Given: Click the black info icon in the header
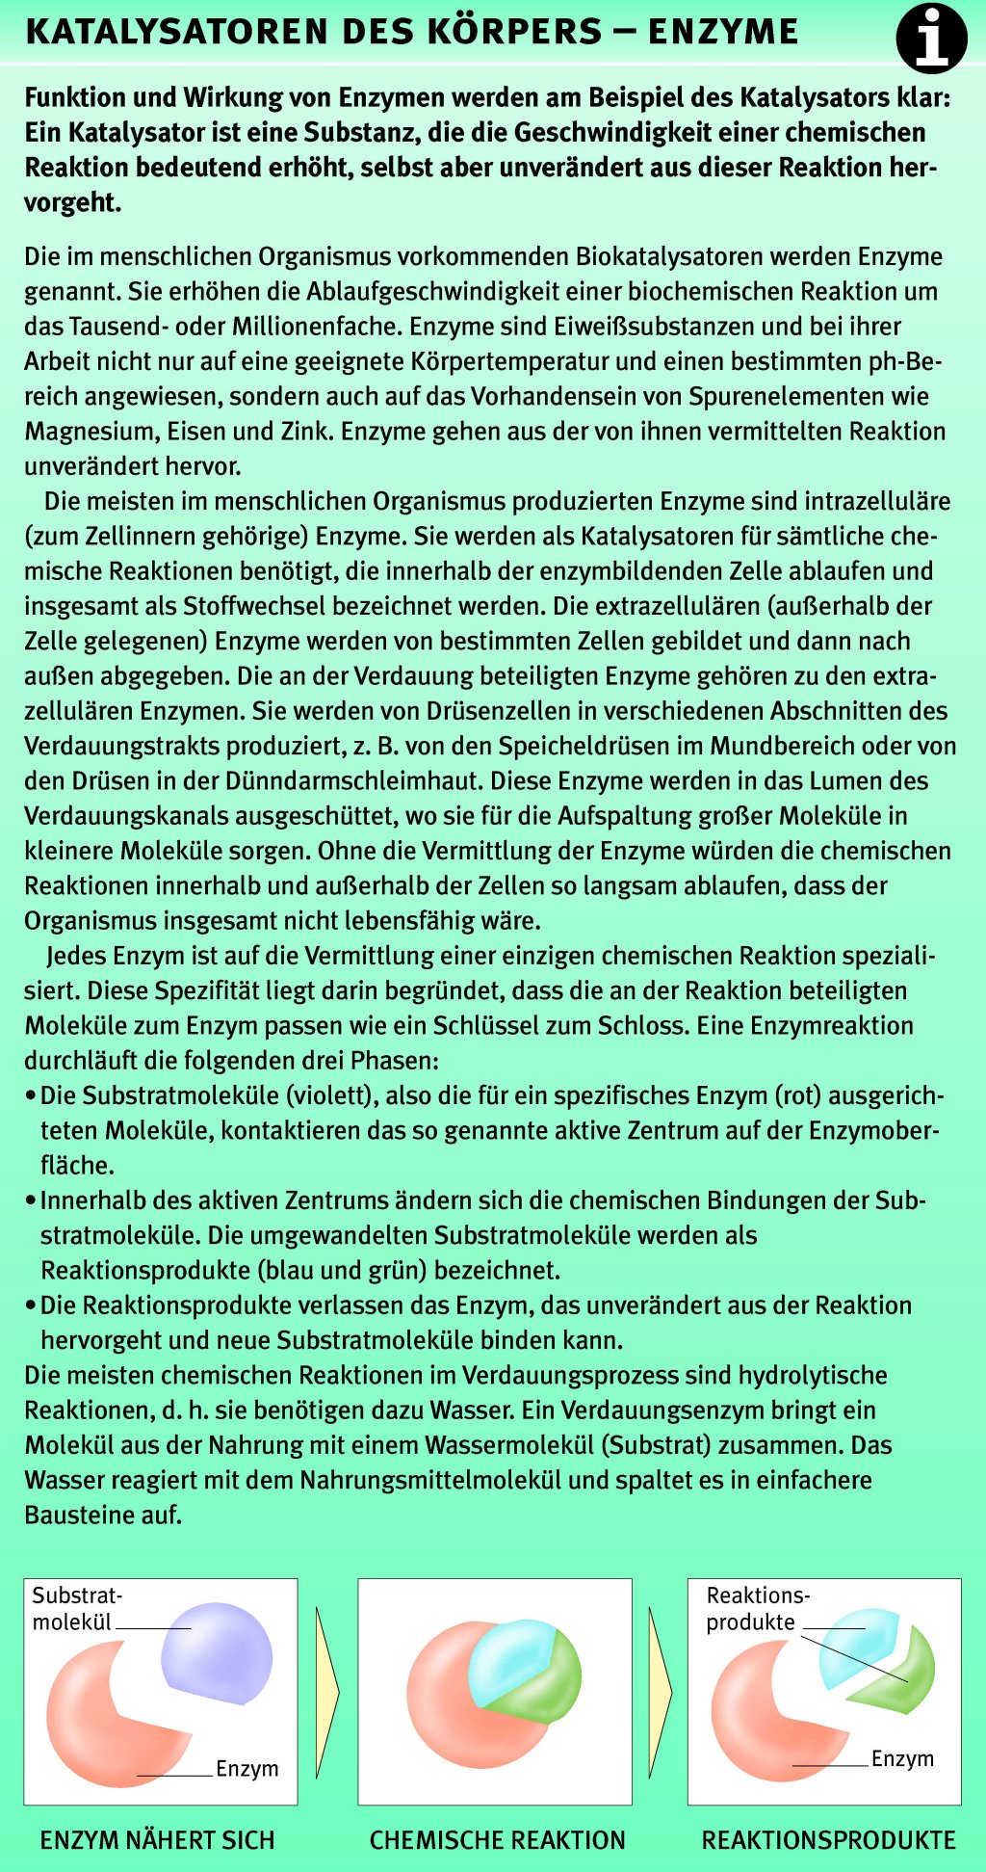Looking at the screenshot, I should pyautogui.click(x=931, y=39).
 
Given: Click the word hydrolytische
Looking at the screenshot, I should pyautogui.click(x=804, y=1375).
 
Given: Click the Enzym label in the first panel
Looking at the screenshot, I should pyautogui.click(x=247, y=1768).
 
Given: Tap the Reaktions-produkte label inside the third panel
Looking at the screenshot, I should pyautogui.click(x=757, y=1608).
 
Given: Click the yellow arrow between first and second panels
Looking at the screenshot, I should pyautogui.click(x=327, y=1691).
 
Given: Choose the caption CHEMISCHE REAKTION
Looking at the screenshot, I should pyautogui.click(x=497, y=1839).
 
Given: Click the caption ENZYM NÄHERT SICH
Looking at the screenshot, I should pyautogui.click(x=157, y=1839).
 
